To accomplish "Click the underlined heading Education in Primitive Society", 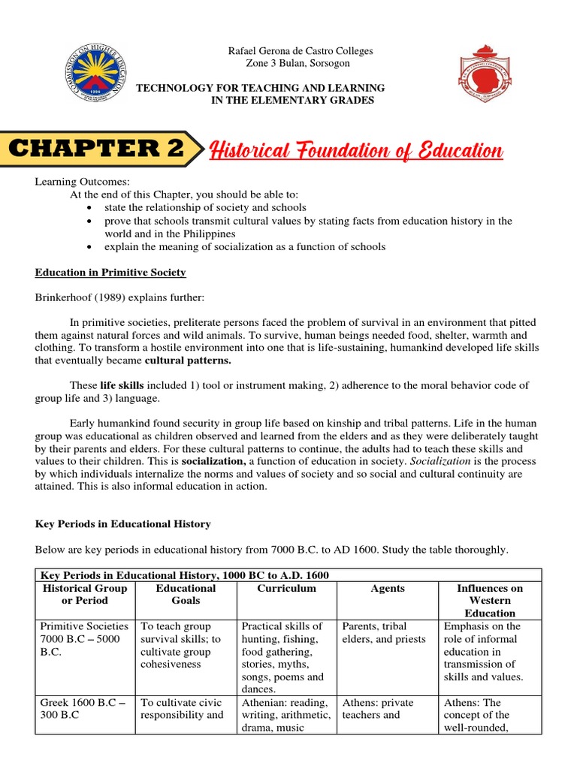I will pyautogui.click(x=112, y=272).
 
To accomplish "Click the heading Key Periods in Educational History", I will pyautogui.click(x=125, y=523).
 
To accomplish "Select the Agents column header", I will pyautogui.click(x=387, y=589).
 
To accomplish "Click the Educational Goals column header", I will pyautogui.click(x=186, y=595).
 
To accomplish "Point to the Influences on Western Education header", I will pyautogui.click(x=489, y=601).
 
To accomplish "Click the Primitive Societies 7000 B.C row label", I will pyautogui.click(x=84, y=639).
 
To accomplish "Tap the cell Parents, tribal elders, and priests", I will pyautogui.click(x=383, y=633).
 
